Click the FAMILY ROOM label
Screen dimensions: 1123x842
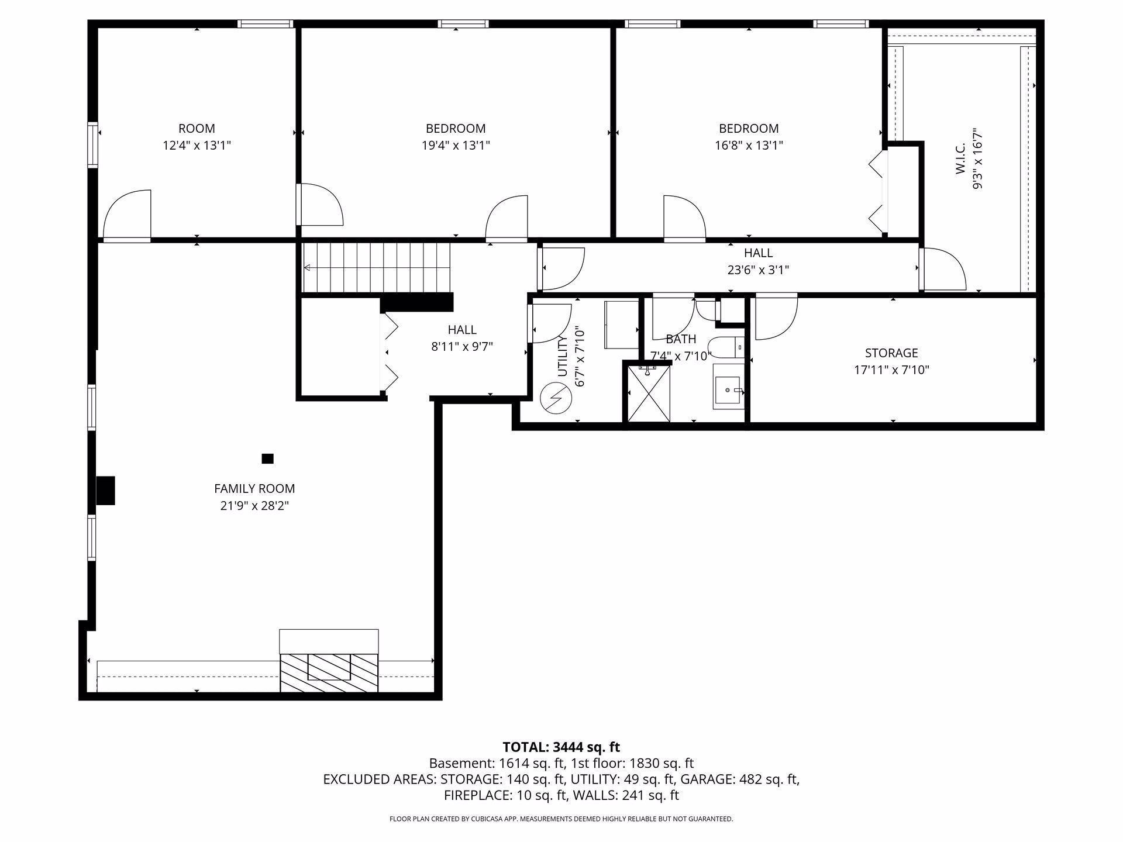coord(254,488)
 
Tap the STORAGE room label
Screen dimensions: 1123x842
coord(891,353)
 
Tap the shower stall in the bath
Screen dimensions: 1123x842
coord(649,392)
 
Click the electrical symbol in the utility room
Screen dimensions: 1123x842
coord(554,398)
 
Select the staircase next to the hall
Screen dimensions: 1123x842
coord(377,268)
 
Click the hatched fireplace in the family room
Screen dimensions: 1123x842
coord(329,672)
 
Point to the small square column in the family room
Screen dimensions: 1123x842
coord(267,458)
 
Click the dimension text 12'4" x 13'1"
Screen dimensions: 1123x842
coord(197,145)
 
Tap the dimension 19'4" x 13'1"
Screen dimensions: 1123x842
coord(456,145)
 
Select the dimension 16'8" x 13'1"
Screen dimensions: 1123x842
coord(749,145)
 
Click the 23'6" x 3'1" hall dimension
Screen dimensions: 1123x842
coord(758,270)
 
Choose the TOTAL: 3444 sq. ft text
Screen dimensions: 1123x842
coord(561,747)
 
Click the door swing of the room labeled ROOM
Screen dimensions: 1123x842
coord(127,215)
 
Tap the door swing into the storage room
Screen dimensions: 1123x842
coord(777,316)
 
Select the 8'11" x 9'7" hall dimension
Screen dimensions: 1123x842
coord(462,347)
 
